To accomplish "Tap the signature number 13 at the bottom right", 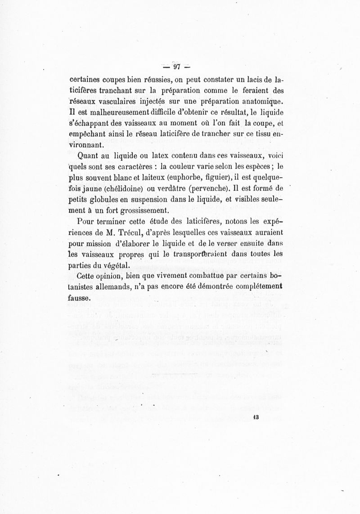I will [x=256, y=417].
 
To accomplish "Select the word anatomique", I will [x=262, y=99].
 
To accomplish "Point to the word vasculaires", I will [x=129, y=99].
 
